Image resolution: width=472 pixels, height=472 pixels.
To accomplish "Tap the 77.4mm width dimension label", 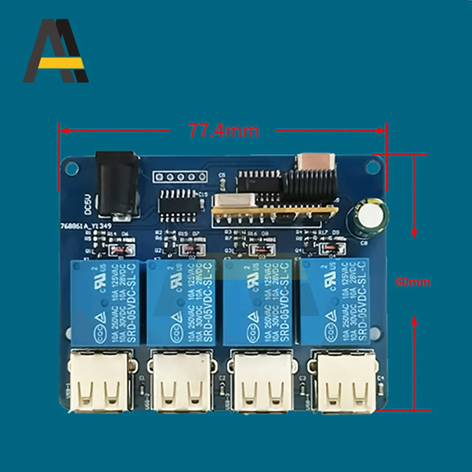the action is point(224,130).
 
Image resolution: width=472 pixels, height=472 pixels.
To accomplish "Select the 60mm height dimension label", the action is point(413,282).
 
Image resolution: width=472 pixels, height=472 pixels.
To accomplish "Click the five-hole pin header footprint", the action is point(180,177).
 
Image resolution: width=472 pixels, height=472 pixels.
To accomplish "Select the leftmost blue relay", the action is point(105,302).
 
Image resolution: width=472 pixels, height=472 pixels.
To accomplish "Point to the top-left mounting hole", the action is point(73,167).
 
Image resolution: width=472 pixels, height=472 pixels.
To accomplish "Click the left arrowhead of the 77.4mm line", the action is point(62,130).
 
